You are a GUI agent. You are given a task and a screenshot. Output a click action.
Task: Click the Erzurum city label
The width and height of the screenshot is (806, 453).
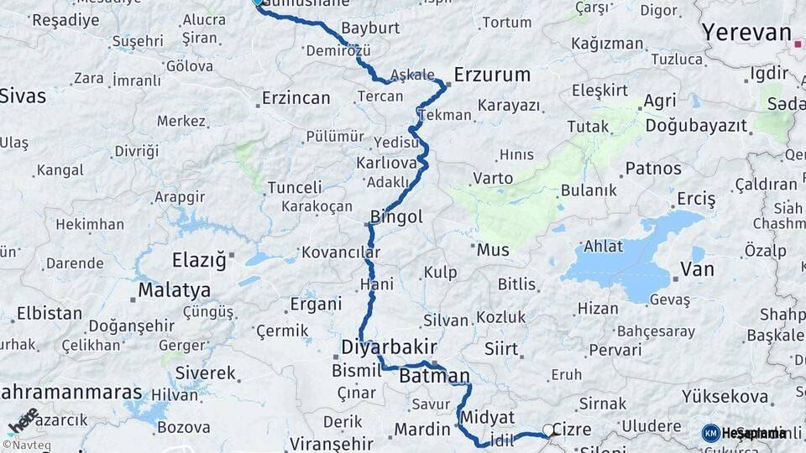pyautogui.click(x=492, y=75)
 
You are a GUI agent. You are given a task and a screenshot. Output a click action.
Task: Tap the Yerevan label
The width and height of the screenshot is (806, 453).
pyautogui.click(x=746, y=34)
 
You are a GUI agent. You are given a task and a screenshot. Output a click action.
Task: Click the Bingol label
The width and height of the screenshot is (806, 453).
pyautogui.click(x=397, y=217)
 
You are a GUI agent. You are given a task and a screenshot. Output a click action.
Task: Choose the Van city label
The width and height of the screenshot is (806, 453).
pyautogui.click(x=697, y=269)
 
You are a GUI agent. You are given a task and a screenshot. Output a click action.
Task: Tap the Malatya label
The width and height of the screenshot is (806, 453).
pyautogui.click(x=174, y=290)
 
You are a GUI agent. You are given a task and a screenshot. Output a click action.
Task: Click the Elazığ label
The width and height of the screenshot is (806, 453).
pyautogui.click(x=199, y=260)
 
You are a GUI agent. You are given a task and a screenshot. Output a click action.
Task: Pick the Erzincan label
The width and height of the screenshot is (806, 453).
pyautogui.click(x=296, y=98)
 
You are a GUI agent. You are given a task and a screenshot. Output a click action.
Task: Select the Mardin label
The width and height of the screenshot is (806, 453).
pyautogui.click(x=422, y=430)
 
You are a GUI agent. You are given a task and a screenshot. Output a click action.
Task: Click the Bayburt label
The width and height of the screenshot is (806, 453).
pyautogui.click(x=370, y=29)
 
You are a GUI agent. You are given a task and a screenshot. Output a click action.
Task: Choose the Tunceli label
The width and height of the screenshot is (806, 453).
pyautogui.click(x=295, y=188)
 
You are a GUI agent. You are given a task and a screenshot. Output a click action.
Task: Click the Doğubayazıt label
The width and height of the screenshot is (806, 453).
pyautogui.click(x=696, y=126)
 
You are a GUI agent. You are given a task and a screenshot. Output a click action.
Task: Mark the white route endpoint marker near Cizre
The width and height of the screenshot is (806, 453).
pyautogui.click(x=548, y=430)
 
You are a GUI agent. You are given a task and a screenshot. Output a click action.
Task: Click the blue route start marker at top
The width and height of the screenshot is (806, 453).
pyautogui.click(x=258, y=3)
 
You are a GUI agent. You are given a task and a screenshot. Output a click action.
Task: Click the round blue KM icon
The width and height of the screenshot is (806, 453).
pyautogui.click(x=710, y=433)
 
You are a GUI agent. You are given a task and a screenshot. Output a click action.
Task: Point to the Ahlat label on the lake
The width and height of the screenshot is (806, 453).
pyautogui.click(x=604, y=246)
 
